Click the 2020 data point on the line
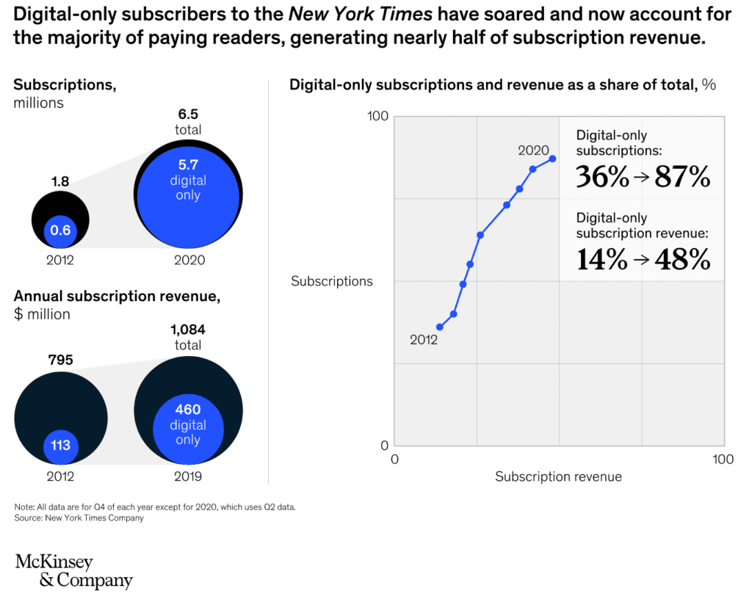552,159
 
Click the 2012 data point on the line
439,327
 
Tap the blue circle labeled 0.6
60,230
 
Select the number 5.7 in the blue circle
188,164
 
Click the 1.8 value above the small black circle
59,180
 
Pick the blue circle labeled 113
60,445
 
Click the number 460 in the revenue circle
188,410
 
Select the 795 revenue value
59,360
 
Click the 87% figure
682,177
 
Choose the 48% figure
682,259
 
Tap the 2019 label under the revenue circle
188,476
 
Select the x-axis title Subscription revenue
558,477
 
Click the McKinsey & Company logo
73,572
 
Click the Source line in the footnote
79,518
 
